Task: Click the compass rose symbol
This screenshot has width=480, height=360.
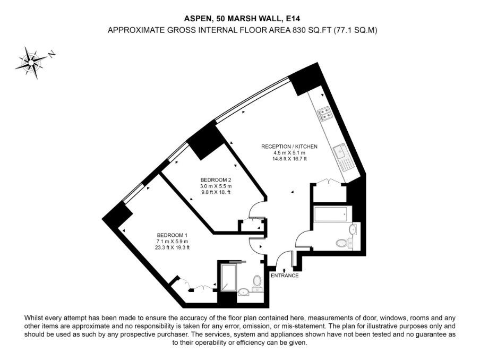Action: [31, 63]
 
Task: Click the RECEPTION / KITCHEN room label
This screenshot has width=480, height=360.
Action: [289, 147]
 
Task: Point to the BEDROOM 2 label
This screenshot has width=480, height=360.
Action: [216, 179]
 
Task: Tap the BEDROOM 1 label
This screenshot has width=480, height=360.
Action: [172, 235]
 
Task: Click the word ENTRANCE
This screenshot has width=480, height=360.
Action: [285, 276]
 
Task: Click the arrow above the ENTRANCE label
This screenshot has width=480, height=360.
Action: [285, 270]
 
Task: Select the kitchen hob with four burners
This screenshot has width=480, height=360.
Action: [325, 113]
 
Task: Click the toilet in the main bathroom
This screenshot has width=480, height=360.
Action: [344, 243]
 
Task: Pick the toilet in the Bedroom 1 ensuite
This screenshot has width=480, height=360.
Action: [258, 282]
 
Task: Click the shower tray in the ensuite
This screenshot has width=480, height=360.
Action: [228, 278]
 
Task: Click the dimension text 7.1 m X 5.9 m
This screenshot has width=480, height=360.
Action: [172, 241]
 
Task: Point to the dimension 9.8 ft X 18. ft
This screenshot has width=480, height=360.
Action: [216, 192]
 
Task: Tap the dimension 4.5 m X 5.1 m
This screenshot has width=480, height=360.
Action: [289, 153]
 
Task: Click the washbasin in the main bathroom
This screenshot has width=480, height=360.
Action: [353, 229]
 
